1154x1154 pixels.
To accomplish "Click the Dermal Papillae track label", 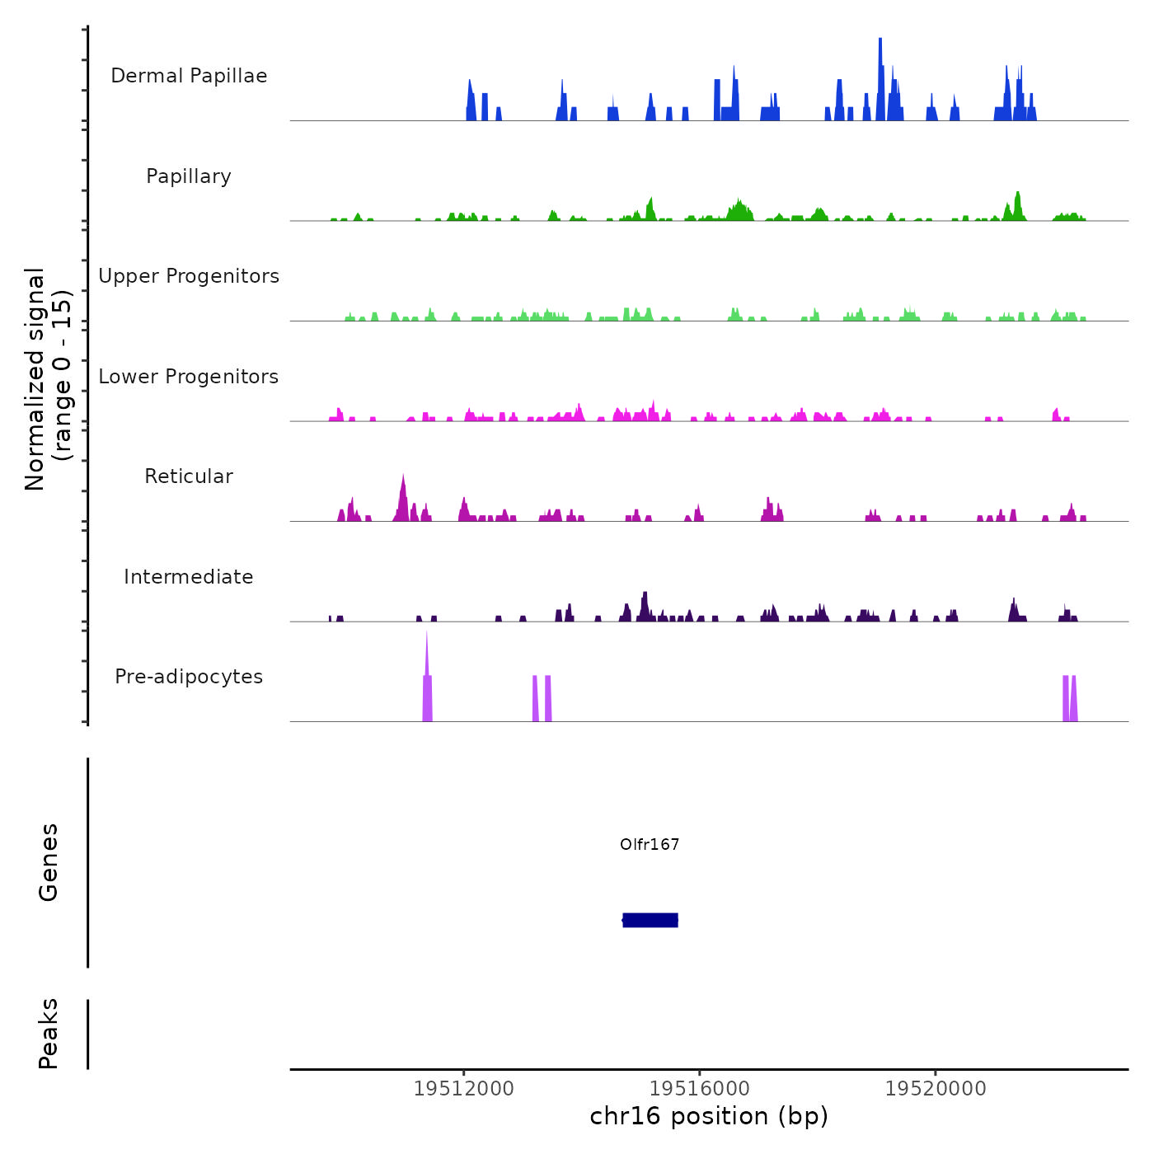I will click(x=189, y=76).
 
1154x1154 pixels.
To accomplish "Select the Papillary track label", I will click(x=189, y=176).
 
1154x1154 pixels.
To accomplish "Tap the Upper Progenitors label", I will click(x=189, y=276).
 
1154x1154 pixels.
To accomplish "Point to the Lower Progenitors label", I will click(x=189, y=377).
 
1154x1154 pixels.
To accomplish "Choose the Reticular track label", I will click(x=189, y=476).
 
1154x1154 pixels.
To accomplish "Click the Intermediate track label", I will click(x=189, y=577).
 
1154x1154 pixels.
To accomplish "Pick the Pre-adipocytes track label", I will click(x=189, y=677).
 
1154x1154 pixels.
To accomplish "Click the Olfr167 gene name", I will click(x=650, y=844).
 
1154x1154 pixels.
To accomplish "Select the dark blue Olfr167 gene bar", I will click(x=650, y=920).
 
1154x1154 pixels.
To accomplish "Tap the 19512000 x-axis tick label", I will click(x=463, y=1089).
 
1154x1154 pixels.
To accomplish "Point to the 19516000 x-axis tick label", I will click(x=700, y=1089).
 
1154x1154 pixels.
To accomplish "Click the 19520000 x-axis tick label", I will click(x=936, y=1089).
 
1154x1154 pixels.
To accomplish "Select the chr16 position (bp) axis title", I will click(x=709, y=1116).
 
